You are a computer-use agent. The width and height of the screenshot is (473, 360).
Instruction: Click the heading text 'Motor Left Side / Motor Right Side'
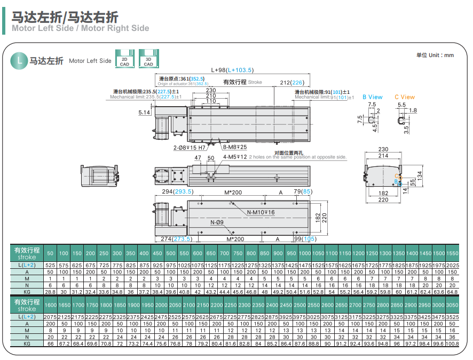coord(81,28)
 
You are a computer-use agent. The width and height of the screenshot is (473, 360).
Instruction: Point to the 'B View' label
coord(372,97)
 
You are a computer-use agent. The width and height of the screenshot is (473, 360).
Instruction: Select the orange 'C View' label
coord(404,97)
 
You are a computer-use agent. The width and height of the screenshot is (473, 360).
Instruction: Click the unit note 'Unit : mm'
coord(435,55)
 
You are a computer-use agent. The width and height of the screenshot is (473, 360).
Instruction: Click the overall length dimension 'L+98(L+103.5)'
coord(232,70)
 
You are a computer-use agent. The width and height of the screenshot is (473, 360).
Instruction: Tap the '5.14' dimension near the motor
coord(144,113)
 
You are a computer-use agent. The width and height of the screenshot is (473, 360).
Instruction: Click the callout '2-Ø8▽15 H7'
coord(190,147)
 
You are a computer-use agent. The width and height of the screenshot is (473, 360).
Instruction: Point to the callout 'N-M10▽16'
coord(261,212)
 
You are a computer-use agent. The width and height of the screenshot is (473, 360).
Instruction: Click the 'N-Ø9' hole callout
coord(217,222)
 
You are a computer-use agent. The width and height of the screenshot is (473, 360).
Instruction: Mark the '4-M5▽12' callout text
coord(235,157)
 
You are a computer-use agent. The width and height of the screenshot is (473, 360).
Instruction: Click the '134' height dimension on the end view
coord(419,174)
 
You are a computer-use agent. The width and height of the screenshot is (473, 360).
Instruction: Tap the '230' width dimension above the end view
coord(383,150)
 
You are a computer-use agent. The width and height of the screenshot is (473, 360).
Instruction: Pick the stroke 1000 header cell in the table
coord(305,253)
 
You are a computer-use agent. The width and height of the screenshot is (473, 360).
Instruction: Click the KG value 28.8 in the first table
coord(50,292)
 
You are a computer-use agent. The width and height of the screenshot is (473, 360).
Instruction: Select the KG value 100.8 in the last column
coord(452,344)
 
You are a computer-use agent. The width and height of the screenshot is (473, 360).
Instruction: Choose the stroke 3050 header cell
coord(452,305)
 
